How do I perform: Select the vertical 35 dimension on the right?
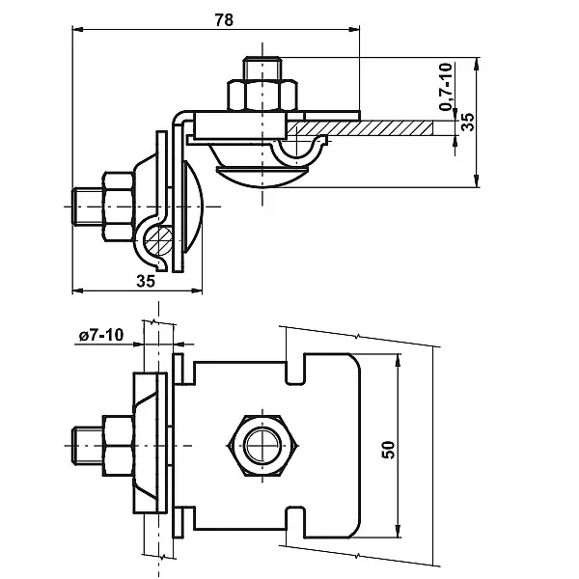point(468,123)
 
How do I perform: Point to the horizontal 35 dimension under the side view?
point(146,282)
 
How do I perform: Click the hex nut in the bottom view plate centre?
point(262,446)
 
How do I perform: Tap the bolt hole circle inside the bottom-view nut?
point(262,446)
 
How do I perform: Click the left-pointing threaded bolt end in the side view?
point(84,204)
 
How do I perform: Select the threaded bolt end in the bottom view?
point(85,446)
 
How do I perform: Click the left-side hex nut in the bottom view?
point(116,446)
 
